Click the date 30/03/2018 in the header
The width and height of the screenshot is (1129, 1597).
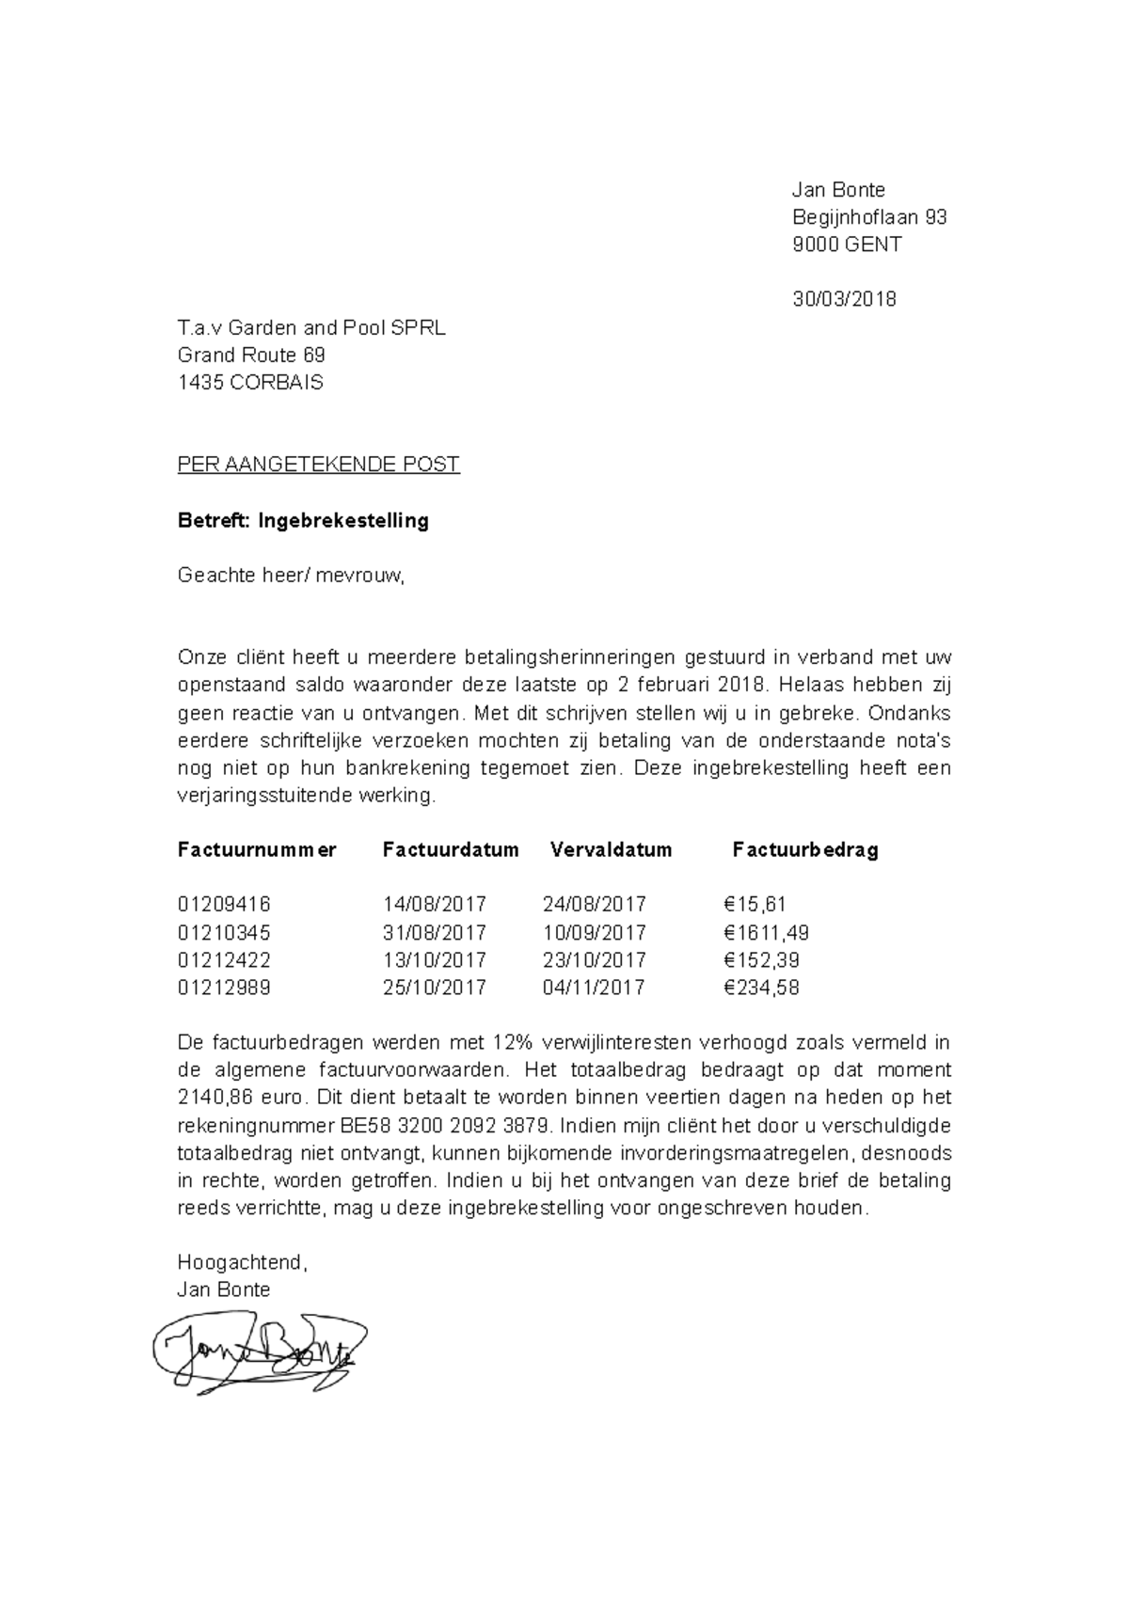[844, 300]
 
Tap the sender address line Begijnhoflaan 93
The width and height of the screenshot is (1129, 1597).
[868, 217]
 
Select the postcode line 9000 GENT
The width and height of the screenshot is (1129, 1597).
[847, 245]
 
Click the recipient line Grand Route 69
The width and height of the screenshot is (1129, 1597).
[251, 356]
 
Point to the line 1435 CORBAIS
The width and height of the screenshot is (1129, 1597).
[250, 383]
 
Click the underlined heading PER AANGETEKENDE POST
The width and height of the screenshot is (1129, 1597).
[318, 465]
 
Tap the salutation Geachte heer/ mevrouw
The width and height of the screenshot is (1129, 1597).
[291, 576]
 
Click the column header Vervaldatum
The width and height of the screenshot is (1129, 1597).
[611, 850]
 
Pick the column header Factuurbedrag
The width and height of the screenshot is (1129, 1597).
[805, 850]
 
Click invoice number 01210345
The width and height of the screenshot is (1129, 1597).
[224, 933]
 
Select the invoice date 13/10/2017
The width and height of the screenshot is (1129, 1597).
[434, 960]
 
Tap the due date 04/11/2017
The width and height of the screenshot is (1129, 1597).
[594, 988]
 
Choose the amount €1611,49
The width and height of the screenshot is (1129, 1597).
[766, 933]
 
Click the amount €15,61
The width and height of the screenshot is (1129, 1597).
[755, 905]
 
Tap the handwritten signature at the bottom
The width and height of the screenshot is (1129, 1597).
[259, 1353]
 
